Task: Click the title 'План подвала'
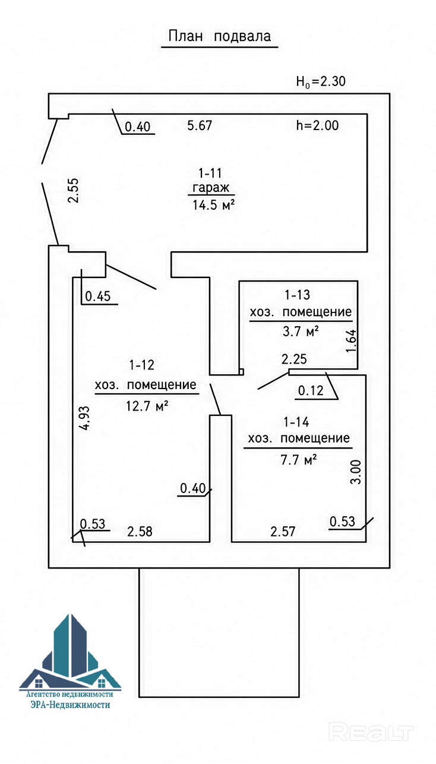pos(220,36)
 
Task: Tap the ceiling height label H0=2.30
pos(321,81)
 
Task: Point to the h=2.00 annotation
pos(317,125)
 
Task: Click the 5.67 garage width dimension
pos(200,125)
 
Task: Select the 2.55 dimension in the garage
pos(74,190)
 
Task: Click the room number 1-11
pos(210,173)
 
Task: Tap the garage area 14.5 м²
pos(213,204)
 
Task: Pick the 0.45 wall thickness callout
pos(98,296)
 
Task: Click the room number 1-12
pos(142,365)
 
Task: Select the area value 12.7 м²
pos(147,406)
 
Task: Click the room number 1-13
pos(297,295)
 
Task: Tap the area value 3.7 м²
pos(301,331)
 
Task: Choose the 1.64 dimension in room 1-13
pos(350,341)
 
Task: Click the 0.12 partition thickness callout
pos(311,390)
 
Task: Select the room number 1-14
pos(296,422)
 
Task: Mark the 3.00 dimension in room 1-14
pos(355,472)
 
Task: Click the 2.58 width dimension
pos(140,531)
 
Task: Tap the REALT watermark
pos(371,731)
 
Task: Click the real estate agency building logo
pos(70,653)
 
